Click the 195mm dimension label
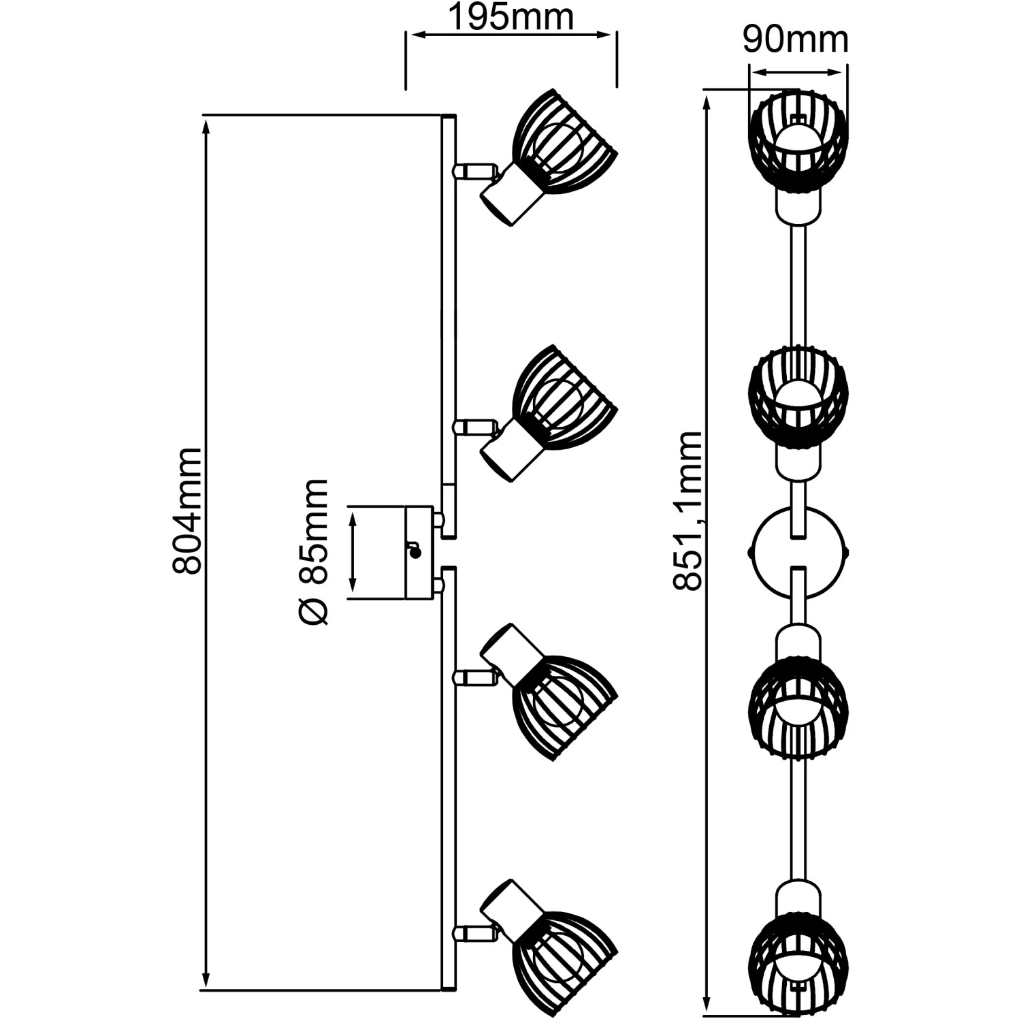click(x=510, y=18)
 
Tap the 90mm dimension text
click(x=796, y=40)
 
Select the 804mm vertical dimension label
click(x=187, y=510)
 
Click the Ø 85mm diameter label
click(x=314, y=551)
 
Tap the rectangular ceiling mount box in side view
click(x=419, y=552)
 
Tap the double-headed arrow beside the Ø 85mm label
click(x=353, y=552)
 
